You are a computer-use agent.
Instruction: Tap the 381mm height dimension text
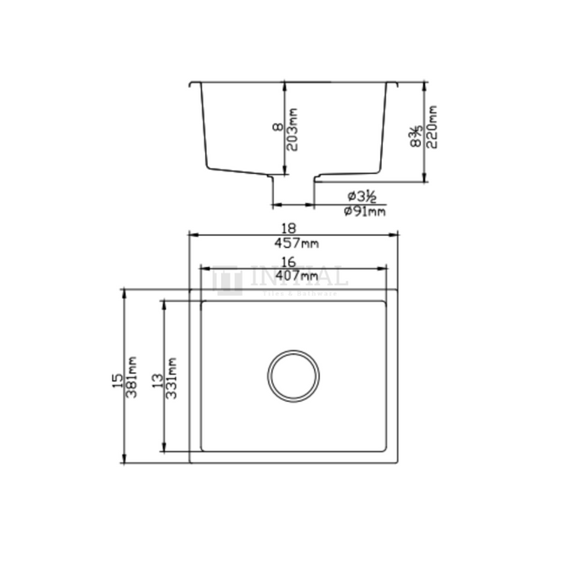[132, 377]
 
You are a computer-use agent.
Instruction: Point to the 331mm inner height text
[173, 377]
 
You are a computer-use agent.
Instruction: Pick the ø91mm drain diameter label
[365, 211]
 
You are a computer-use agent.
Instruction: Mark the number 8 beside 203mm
[277, 127]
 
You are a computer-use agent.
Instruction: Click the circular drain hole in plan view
[293, 376]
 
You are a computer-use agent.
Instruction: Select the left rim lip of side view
[195, 84]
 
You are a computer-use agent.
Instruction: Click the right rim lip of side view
[392, 84]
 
